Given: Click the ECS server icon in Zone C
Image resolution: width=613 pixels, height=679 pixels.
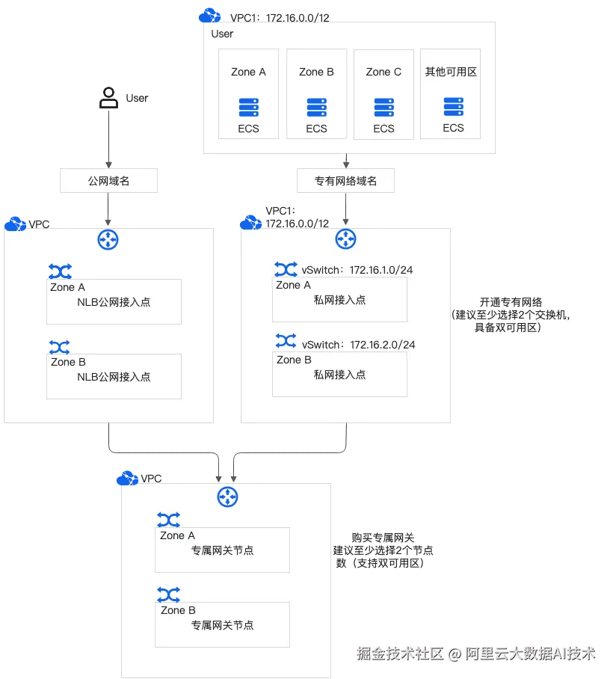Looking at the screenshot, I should click(383, 108).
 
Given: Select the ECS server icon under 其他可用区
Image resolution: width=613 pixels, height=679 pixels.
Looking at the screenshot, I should click(453, 107).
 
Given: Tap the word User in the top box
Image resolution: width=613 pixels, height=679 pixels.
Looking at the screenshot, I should click(222, 34).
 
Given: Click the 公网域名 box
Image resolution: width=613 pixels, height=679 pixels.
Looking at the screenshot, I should click(109, 181).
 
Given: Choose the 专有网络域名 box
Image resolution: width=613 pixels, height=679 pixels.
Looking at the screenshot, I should click(345, 181).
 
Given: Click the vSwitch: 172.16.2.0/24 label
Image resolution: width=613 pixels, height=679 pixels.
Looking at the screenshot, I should click(358, 345).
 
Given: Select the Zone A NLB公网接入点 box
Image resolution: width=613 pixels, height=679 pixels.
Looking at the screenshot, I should click(114, 301).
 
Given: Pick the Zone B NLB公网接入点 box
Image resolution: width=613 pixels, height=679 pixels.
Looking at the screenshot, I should click(114, 376).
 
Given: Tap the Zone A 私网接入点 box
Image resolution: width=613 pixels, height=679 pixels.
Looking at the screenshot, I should click(339, 299).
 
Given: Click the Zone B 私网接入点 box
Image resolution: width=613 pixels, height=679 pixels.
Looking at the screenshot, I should click(339, 374).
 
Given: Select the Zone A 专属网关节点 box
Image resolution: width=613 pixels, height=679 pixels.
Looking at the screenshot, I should click(222, 550).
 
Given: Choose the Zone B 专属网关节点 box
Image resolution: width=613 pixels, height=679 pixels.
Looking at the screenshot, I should click(222, 624).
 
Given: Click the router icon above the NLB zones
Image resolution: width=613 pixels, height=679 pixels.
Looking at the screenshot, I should click(108, 240).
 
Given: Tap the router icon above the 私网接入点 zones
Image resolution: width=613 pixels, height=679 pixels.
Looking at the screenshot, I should click(345, 239).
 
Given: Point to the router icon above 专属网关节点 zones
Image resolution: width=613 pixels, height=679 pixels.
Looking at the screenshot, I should click(227, 497).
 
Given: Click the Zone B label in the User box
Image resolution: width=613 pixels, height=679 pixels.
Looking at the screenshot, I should click(316, 72).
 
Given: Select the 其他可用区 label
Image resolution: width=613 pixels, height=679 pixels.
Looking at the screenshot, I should click(451, 72).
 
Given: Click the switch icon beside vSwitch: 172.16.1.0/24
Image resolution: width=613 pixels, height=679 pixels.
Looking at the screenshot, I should click(286, 268).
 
